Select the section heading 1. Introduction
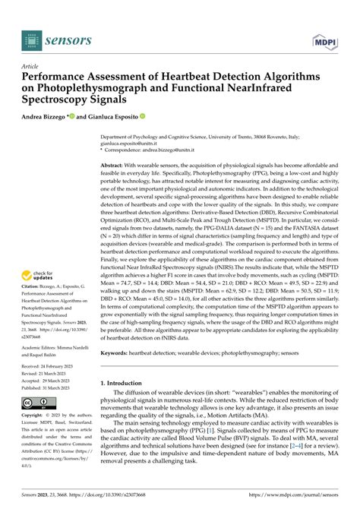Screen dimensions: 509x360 click(x=125, y=384)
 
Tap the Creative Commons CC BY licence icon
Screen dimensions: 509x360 click(x=36, y=402)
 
